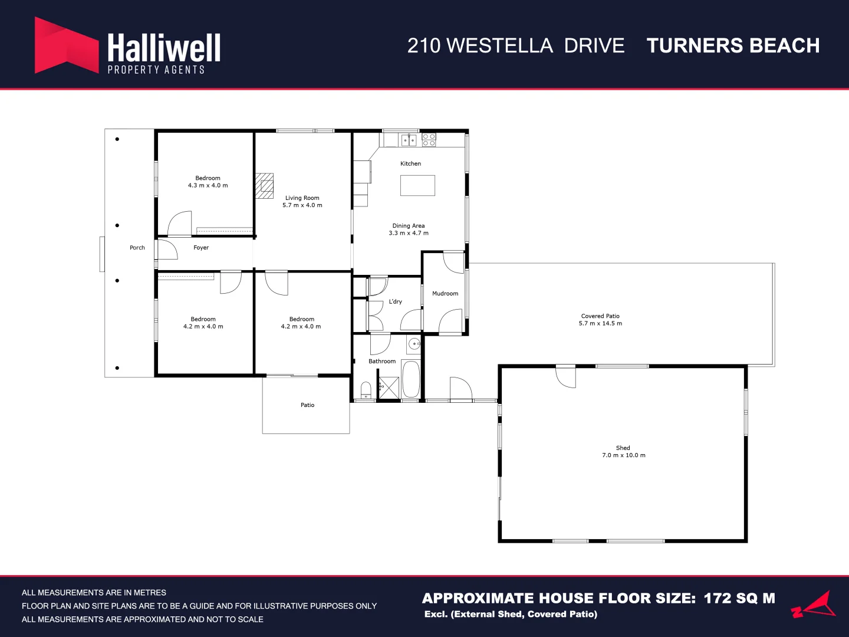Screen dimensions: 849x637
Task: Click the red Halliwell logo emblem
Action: [67, 45]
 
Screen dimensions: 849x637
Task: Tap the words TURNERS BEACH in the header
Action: [733, 45]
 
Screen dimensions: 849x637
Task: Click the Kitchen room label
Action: [410, 163]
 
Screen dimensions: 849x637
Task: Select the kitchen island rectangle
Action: [417, 185]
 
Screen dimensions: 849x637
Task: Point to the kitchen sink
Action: [409, 140]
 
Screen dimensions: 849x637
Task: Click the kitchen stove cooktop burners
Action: [429, 140]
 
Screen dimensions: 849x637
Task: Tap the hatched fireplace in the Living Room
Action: [264, 186]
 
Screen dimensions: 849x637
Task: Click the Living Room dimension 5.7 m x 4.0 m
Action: [302, 205]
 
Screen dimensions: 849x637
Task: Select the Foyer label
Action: [201, 248]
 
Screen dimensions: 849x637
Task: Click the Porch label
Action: [137, 248]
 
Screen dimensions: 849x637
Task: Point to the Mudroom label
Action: [445, 294]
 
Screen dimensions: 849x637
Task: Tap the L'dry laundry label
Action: [395, 301]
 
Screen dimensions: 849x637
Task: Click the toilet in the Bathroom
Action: [366, 390]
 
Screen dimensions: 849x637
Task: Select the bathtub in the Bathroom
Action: [411, 379]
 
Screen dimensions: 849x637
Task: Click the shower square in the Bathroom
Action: [389, 388]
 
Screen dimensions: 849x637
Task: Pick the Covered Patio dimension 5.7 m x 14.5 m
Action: [600, 324]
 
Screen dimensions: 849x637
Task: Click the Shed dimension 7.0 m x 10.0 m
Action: [624, 455]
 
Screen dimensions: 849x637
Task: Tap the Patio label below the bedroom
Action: [308, 405]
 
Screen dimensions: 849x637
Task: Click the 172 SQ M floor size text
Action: [739, 598]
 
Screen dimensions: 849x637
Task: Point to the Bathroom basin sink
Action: [414, 343]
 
